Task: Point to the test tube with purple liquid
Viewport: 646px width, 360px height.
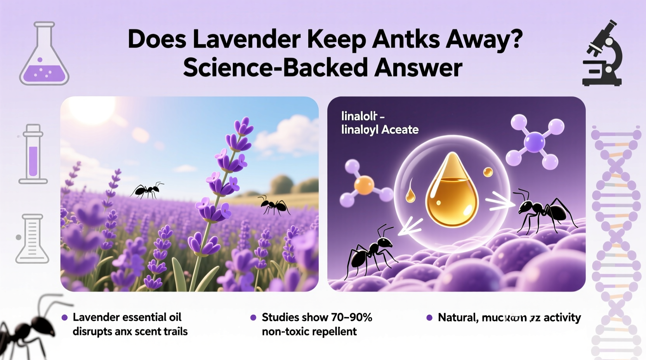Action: click(x=33, y=154)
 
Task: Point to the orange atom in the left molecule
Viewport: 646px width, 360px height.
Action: click(x=364, y=185)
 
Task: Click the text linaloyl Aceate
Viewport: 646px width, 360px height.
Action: click(x=380, y=130)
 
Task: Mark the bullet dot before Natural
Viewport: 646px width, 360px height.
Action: click(x=429, y=318)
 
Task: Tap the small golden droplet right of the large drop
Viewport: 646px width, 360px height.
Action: click(x=488, y=172)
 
